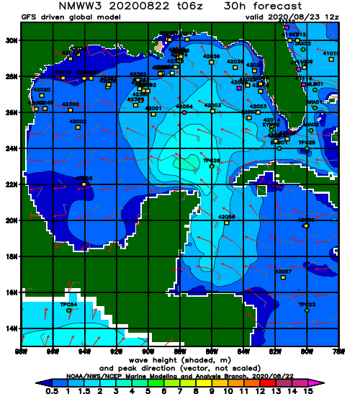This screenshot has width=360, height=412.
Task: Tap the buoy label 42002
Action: tap(78, 122)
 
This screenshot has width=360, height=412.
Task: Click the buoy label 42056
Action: tap(227, 216)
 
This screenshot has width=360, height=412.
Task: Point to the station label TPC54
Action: tap(68, 305)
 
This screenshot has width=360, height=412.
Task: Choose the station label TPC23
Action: tap(307, 305)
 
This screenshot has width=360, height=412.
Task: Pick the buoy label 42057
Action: tap(283, 272)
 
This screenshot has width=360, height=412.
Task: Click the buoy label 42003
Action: tap(212, 105)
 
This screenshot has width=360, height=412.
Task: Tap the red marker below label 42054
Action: tap(184, 112)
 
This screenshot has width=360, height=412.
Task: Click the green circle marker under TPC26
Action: tap(212, 166)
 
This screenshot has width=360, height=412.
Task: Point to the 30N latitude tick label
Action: tap(11, 40)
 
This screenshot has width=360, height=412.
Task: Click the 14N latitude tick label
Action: tap(11, 328)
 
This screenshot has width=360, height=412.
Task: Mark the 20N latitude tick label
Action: tap(11, 220)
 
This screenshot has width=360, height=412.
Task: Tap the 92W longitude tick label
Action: tap(116, 351)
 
